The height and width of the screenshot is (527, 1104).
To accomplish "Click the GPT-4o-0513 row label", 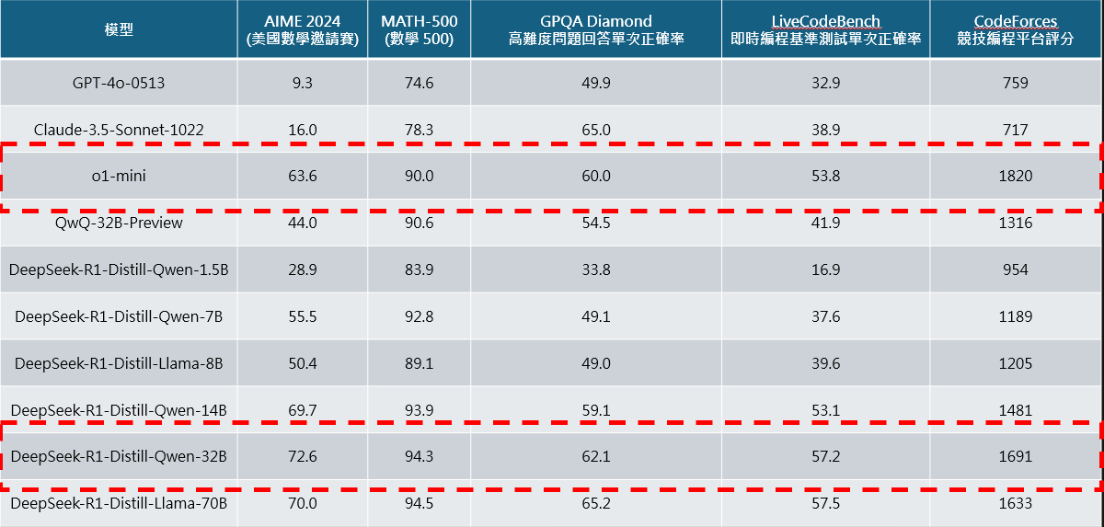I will click(x=119, y=83).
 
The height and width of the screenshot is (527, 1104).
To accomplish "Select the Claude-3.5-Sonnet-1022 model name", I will click(x=119, y=130).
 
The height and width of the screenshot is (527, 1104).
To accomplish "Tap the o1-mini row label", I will click(x=119, y=176).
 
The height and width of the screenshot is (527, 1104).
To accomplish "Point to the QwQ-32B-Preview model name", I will click(x=119, y=223).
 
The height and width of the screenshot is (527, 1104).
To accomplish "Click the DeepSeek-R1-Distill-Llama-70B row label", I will click(x=119, y=503).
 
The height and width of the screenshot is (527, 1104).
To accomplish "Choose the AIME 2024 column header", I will click(x=302, y=30).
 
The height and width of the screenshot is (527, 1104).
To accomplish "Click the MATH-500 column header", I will click(x=419, y=30).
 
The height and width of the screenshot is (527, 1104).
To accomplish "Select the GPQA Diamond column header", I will click(x=595, y=30).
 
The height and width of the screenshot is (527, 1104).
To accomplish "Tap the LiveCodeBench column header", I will click(x=825, y=30).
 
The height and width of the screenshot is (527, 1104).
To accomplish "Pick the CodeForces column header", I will click(x=1016, y=30).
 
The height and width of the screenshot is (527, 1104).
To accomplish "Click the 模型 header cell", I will click(x=119, y=30).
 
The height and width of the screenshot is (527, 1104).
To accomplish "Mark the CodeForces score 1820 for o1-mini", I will click(x=1016, y=176).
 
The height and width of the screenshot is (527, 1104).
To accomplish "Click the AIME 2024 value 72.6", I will click(x=302, y=456).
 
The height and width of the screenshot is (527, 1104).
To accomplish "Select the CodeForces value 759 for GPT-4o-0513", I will click(x=1016, y=83).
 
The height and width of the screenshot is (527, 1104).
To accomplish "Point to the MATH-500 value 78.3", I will click(x=419, y=130).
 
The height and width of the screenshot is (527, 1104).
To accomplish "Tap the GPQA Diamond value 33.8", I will click(x=595, y=269).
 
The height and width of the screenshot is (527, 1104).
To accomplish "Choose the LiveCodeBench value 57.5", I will click(x=825, y=503).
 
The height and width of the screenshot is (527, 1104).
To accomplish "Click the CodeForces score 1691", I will click(x=1016, y=456).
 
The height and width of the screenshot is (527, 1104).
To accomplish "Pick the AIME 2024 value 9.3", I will click(x=302, y=83).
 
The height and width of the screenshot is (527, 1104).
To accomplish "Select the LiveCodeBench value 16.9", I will click(x=825, y=269).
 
